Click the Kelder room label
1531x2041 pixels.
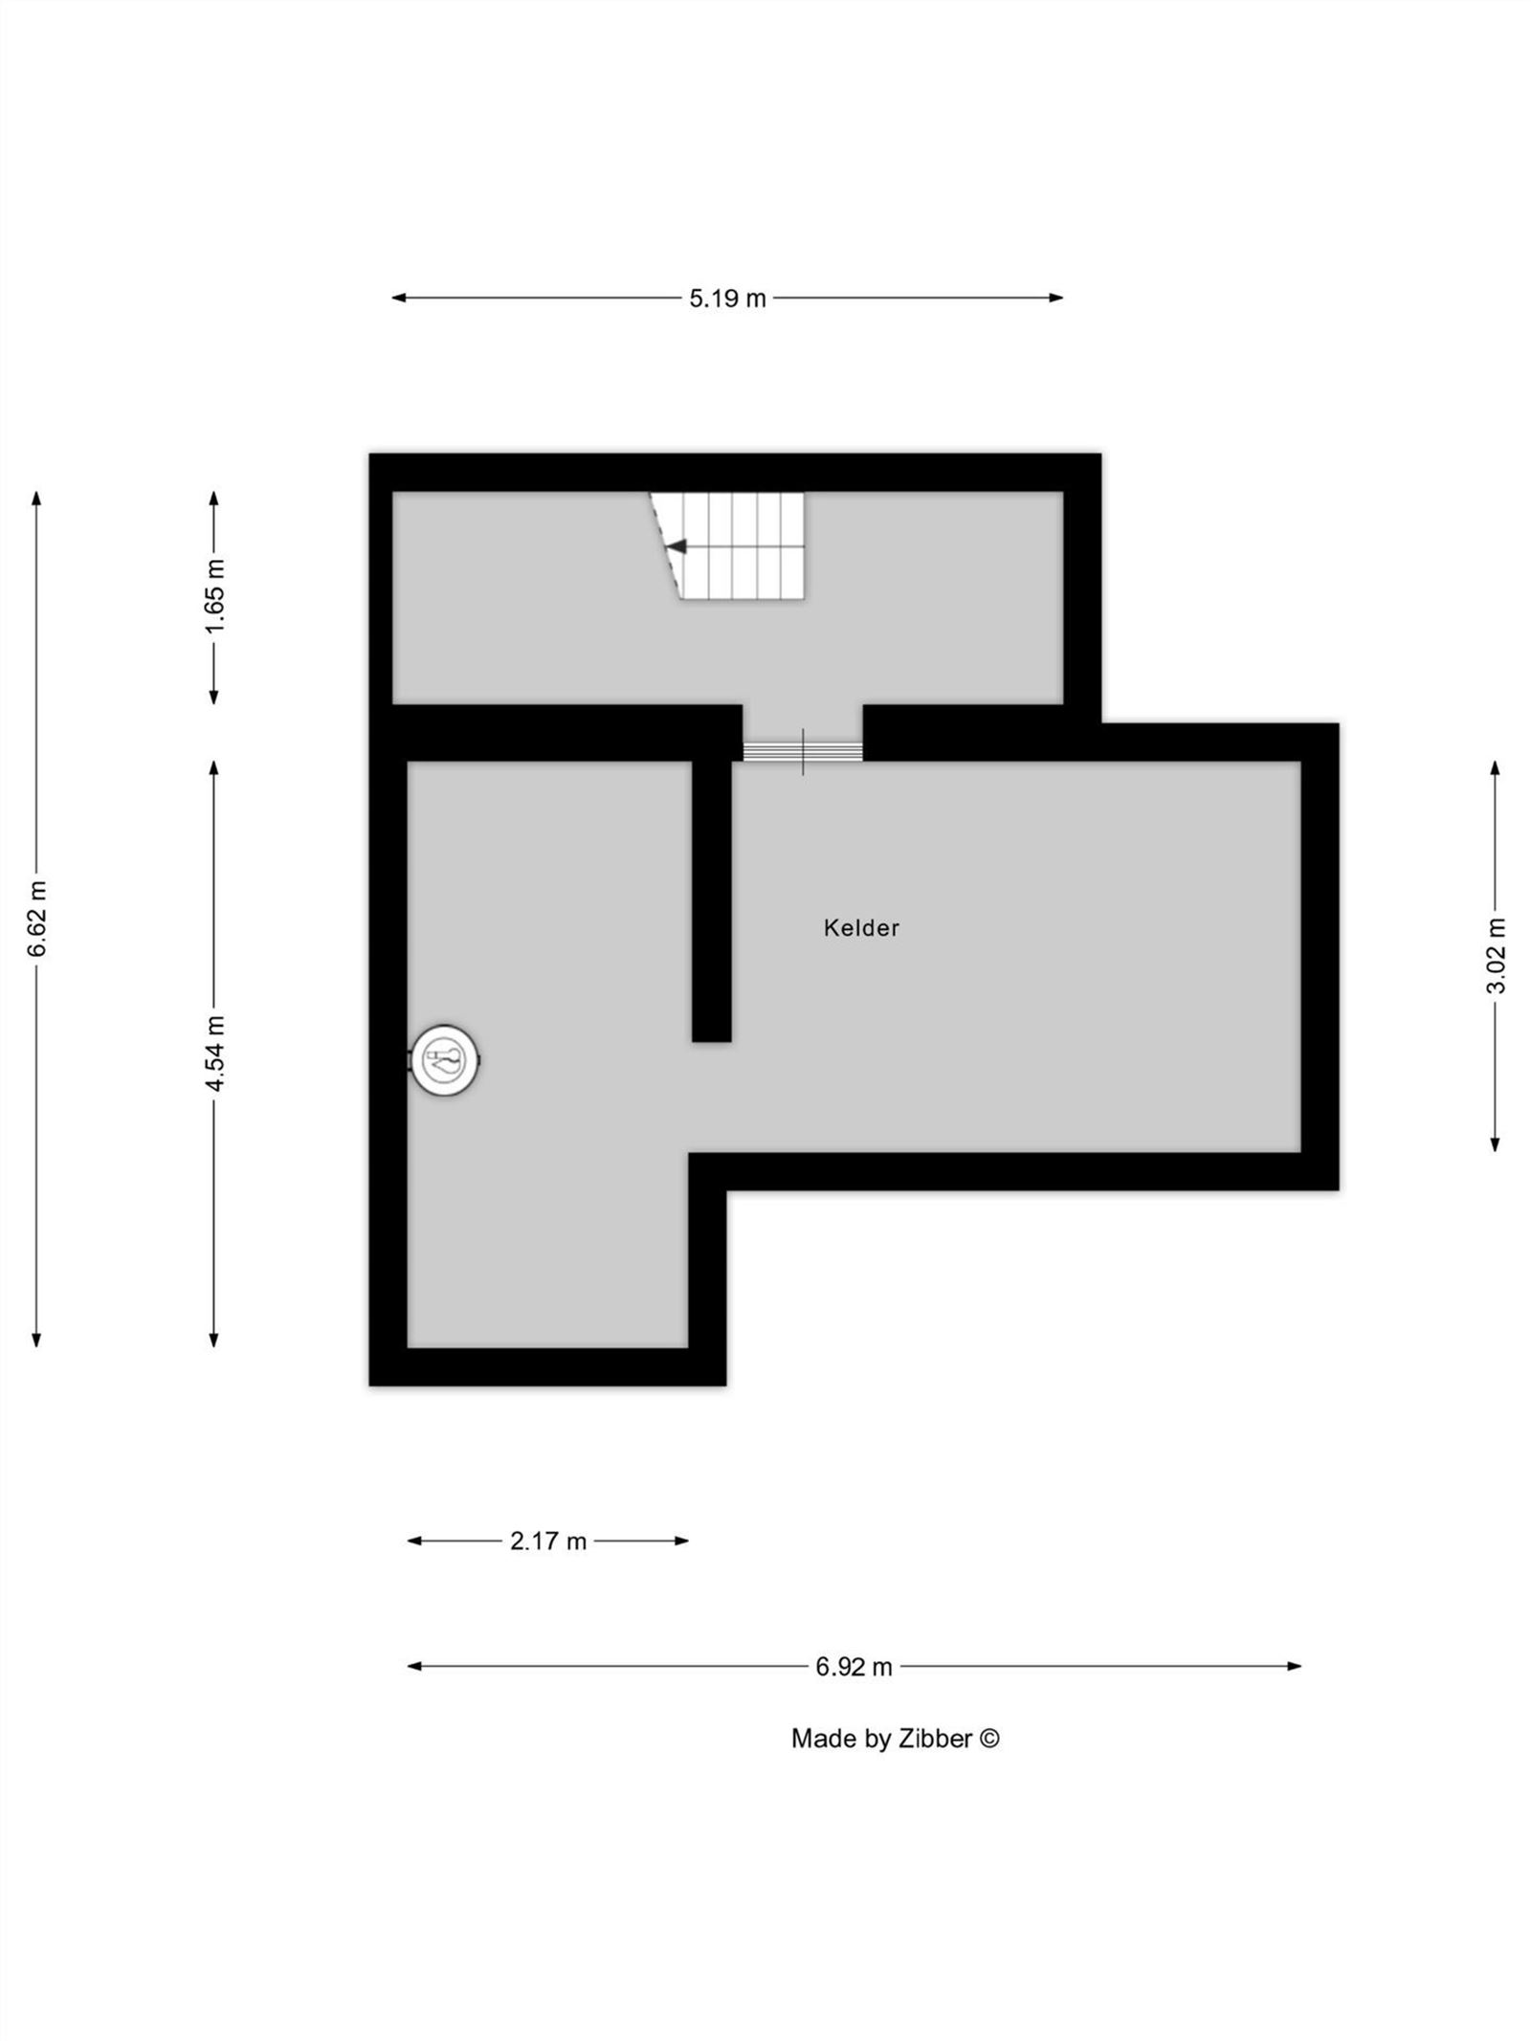tap(861, 927)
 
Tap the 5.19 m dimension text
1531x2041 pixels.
tap(727, 299)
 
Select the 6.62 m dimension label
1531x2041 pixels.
tap(36, 919)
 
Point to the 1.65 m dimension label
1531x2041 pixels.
tap(214, 595)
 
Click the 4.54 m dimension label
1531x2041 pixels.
tap(214, 1054)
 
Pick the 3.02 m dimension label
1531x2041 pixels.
tap(1495, 955)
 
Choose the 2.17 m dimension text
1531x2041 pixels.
tap(547, 1541)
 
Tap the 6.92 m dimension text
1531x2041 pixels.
tap(854, 1667)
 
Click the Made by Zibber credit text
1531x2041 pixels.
tap(895, 1739)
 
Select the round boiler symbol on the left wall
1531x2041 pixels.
tap(445, 1059)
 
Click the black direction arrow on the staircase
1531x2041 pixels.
tap(677, 546)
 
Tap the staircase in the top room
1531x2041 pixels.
tap(727, 545)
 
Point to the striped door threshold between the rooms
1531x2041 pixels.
tap(803, 751)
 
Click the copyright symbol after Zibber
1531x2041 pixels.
tap(990, 1739)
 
